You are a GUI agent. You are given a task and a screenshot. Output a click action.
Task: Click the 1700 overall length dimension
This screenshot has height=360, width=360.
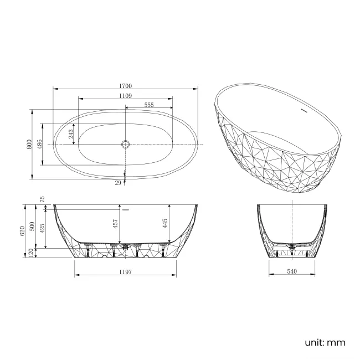coord(125,85)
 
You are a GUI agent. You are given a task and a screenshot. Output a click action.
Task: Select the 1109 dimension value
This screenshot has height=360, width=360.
coord(125,95)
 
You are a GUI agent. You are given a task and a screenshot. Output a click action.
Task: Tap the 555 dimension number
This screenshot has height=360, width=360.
coord(148,105)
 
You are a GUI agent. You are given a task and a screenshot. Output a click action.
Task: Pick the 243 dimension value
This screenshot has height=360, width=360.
coord(71,133)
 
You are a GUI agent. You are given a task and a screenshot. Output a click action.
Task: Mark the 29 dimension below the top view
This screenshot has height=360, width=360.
coord(117,182)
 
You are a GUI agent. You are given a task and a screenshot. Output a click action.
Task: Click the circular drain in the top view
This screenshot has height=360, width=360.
coord(125,144)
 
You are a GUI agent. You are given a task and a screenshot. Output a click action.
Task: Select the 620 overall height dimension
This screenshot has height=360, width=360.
coord(22,231)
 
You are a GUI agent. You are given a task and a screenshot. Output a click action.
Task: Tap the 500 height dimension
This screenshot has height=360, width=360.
coord(32,227)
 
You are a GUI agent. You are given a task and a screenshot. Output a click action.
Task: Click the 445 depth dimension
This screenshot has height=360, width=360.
coord(164,224)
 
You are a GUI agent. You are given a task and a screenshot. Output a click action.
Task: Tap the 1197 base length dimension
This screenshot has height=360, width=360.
coord(125,271)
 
